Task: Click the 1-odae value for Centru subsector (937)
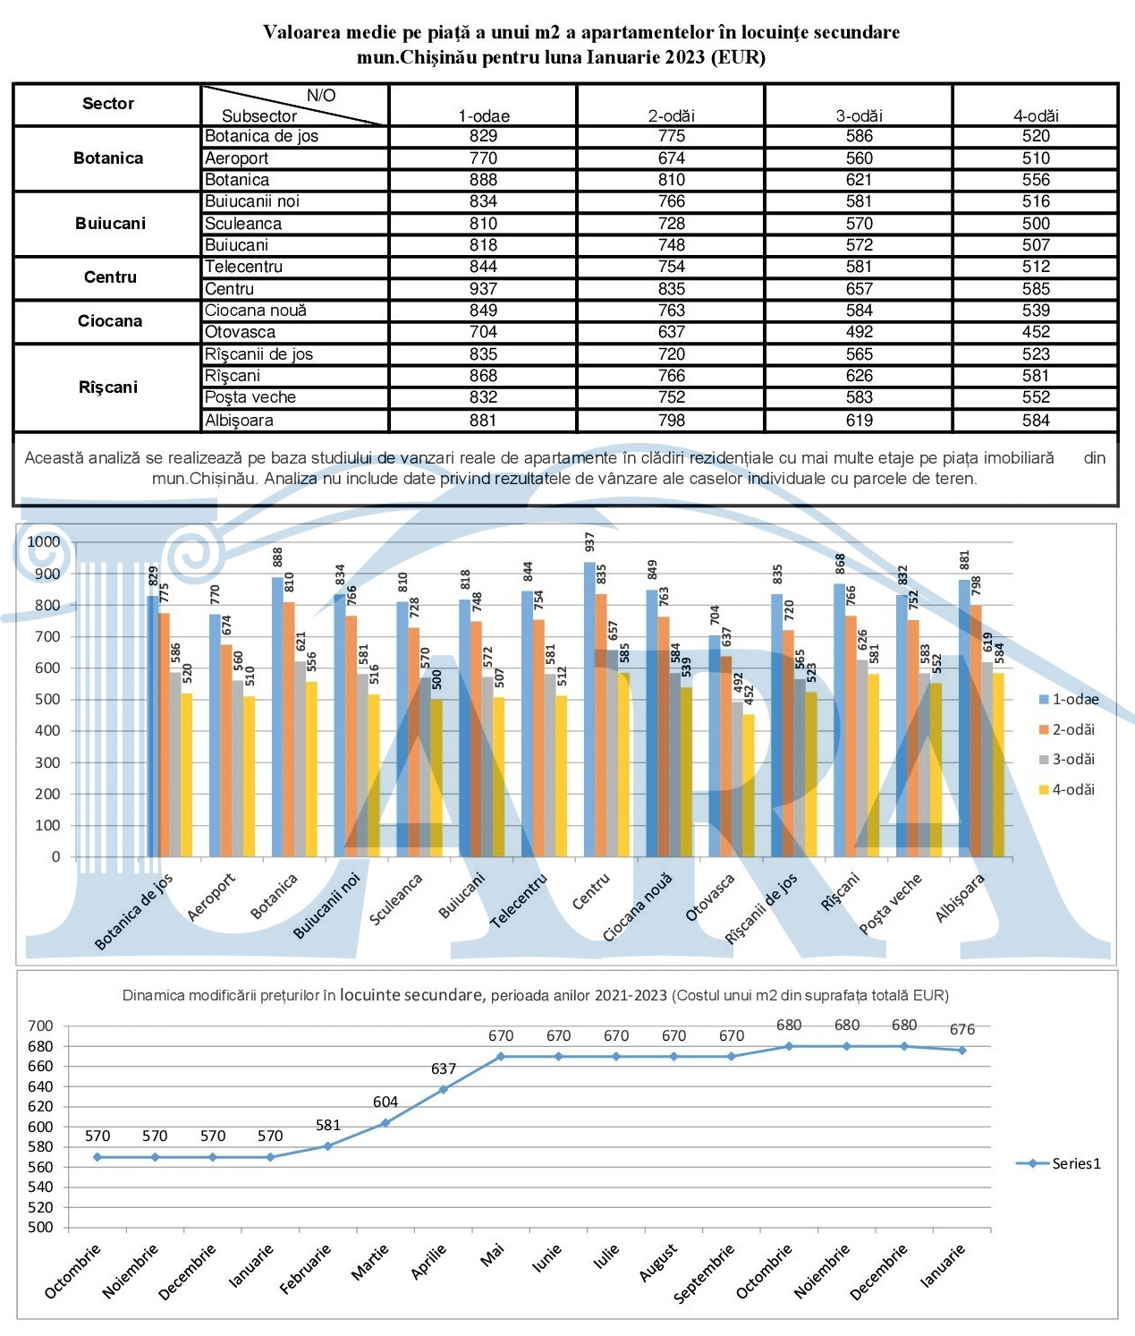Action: (x=483, y=289)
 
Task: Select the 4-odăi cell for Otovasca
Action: (x=1036, y=332)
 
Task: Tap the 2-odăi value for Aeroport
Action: (x=671, y=158)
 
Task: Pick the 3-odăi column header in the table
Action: (x=859, y=115)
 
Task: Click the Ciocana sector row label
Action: (x=110, y=321)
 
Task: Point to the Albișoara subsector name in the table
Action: (x=239, y=421)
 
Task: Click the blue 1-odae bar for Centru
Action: (x=589, y=709)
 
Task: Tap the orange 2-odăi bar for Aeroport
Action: (x=226, y=751)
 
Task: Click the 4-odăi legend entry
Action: (x=1066, y=789)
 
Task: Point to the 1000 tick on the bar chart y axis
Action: (x=43, y=541)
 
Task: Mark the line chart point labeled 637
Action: (x=443, y=1090)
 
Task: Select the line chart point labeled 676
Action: (x=961, y=1051)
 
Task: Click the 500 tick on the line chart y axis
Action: (x=40, y=1228)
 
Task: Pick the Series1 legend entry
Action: (x=1058, y=1163)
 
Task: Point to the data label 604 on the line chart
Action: (x=385, y=1102)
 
